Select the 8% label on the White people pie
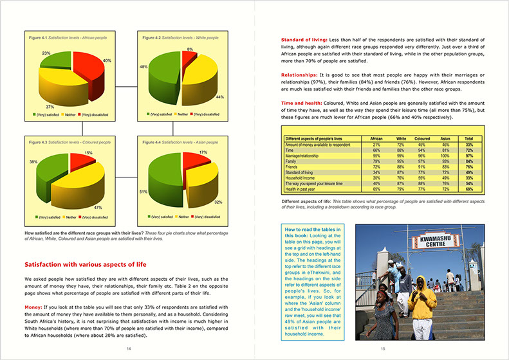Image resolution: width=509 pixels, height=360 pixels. pos(190,50)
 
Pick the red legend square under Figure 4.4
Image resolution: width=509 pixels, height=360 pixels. pos(192,217)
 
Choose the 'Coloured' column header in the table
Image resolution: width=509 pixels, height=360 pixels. pos(423,139)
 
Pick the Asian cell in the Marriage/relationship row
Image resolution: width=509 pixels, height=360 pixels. pos(445,156)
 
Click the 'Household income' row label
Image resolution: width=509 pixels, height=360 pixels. pos(303,177)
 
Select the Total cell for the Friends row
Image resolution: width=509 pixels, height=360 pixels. pos(469,166)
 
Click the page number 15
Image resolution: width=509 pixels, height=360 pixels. pos(383,348)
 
